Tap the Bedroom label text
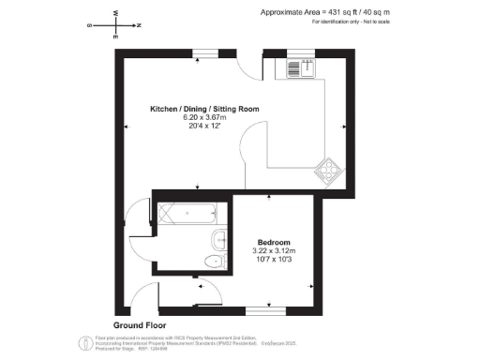275,241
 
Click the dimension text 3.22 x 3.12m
275,251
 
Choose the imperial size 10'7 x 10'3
275,261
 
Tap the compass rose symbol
114,25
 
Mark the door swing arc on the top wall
246,67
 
